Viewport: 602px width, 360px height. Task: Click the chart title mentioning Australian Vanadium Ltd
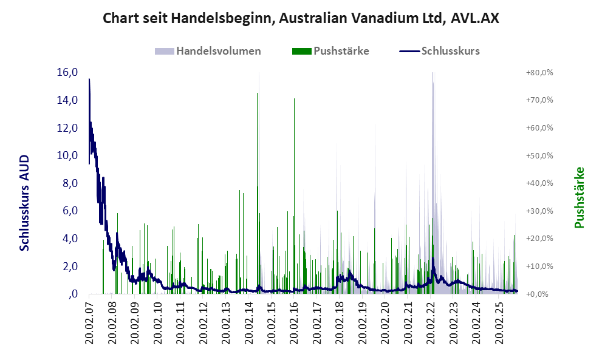pos(301,18)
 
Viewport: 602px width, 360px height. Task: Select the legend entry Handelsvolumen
pos(219,51)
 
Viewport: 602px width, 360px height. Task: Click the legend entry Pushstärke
pos(341,51)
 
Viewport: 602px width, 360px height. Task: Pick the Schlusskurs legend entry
pos(450,51)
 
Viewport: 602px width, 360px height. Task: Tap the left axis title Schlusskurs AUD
pos(25,202)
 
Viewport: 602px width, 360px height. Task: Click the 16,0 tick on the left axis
pos(67,72)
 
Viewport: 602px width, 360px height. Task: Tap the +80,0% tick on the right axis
pos(539,73)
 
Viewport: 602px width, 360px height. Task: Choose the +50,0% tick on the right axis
pos(539,156)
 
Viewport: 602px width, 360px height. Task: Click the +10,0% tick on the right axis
pos(539,267)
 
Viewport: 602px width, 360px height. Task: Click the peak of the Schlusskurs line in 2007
pos(89,79)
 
